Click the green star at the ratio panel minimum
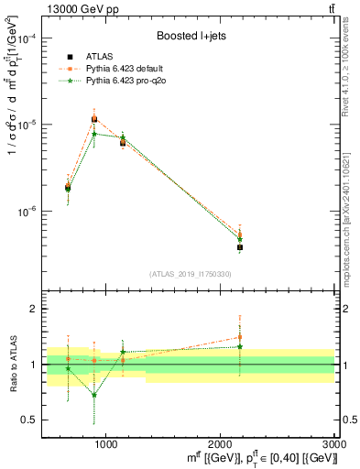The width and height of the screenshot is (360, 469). [93, 396]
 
